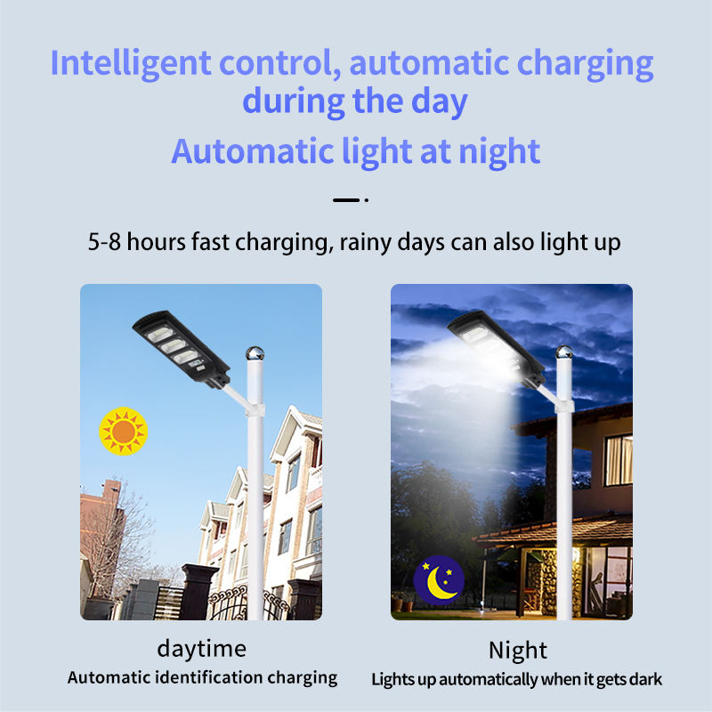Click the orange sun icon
123,431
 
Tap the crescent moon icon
439,581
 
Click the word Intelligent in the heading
131,64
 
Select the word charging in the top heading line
586,64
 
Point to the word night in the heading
499,151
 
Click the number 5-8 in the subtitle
104,241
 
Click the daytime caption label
202,649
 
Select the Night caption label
518,651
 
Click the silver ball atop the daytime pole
255,352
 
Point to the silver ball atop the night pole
564,352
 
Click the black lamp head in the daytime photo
182,348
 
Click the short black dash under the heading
346,199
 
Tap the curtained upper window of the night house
619,460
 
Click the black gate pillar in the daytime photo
198,592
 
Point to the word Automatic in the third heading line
253,151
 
